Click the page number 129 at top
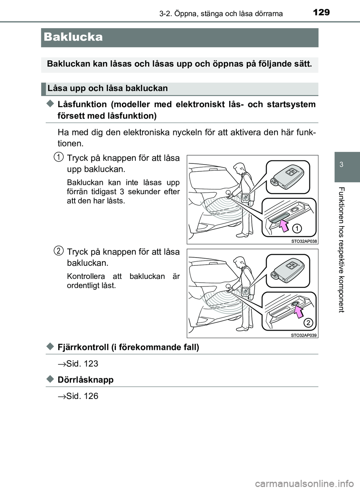(x=321, y=12)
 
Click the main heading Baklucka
(x=73, y=37)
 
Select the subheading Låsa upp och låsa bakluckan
(x=108, y=88)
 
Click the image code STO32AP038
(x=304, y=241)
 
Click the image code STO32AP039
(x=304, y=335)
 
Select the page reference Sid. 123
(x=82, y=364)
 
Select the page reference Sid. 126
(x=82, y=396)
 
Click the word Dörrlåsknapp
(x=85, y=380)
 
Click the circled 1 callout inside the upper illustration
(x=297, y=228)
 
